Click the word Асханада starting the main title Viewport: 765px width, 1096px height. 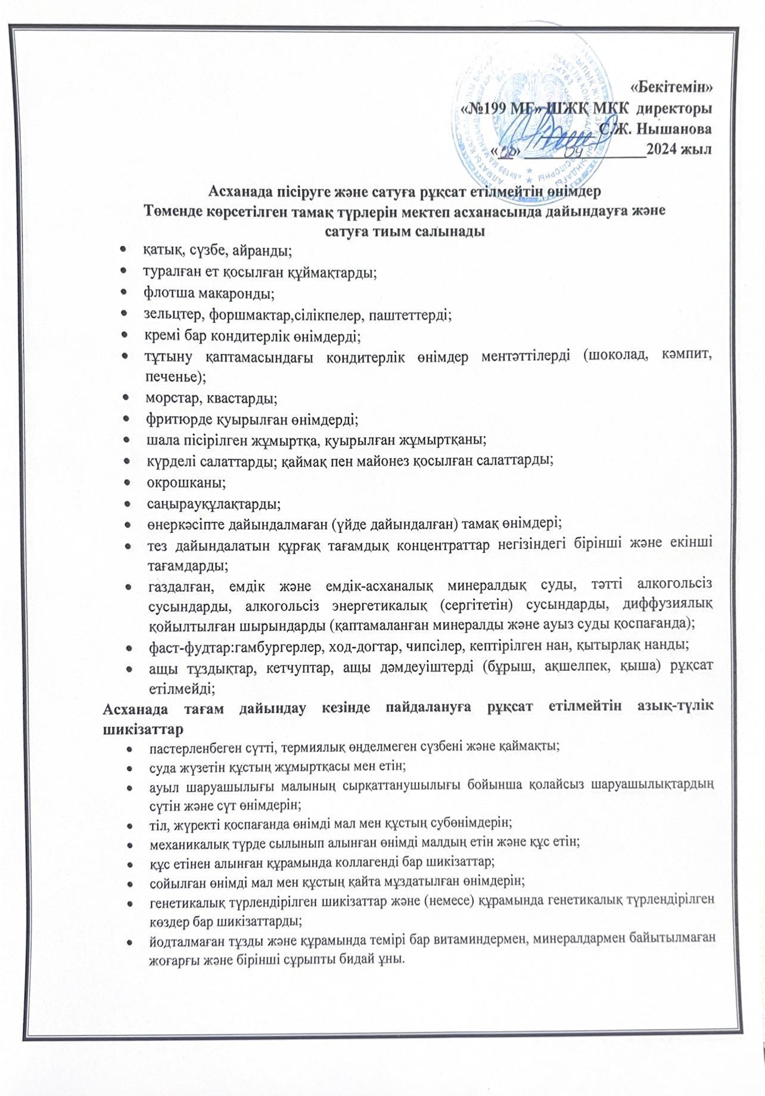pos(238,192)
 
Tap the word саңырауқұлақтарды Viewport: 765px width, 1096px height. pos(213,503)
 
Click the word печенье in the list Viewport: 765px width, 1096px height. pos(174,377)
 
